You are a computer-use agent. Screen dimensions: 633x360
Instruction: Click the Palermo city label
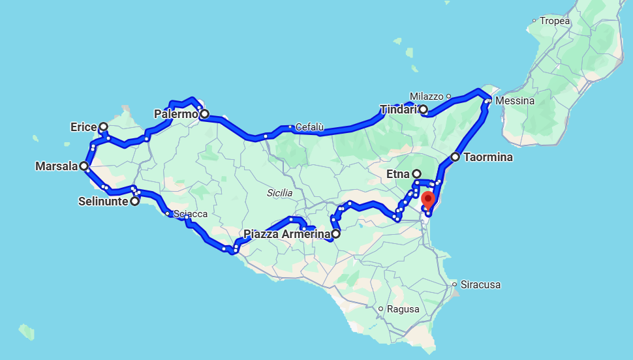pos(175,115)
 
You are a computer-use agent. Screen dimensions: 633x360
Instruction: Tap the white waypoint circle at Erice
pos(103,127)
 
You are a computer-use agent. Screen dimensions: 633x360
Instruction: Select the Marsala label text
pos(56,167)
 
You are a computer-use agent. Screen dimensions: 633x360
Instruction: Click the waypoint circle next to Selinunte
pos(134,202)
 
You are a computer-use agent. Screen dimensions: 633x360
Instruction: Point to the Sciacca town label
pos(191,215)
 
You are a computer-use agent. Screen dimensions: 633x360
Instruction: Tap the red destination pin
pos(428,199)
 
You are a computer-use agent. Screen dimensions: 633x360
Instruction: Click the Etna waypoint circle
pos(416,174)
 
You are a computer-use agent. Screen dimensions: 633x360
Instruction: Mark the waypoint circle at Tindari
pos(423,110)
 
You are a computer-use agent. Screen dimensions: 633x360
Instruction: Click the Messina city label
pos(515,101)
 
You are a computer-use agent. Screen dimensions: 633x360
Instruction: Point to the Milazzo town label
pos(427,96)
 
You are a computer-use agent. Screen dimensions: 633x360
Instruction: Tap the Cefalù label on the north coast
pos(309,127)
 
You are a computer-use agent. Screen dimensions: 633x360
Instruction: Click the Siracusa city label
pos(480,285)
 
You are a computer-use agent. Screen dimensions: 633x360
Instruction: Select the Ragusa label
pos(403,309)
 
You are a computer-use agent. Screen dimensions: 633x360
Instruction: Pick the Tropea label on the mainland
pos(555,21)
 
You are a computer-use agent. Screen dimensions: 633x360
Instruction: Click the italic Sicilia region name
pos(279,193)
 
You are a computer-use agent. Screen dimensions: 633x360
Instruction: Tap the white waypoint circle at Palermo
pos(204,115)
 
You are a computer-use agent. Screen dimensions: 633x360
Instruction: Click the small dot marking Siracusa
pos(454,284)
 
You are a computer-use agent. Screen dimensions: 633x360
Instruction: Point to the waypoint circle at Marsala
pos(84,166)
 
